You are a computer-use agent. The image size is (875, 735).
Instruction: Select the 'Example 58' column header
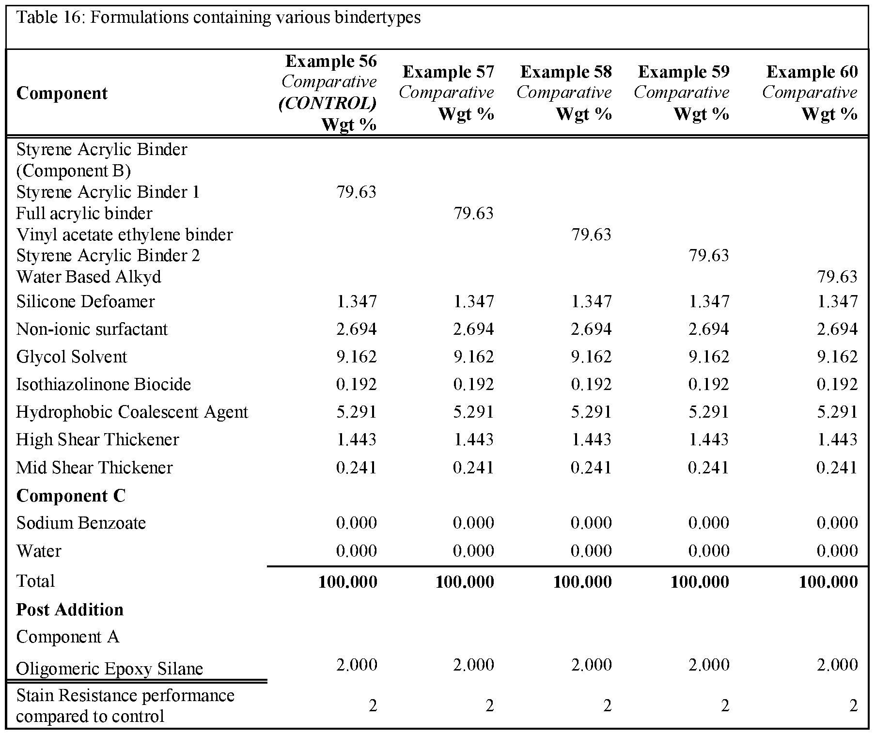point(566,72)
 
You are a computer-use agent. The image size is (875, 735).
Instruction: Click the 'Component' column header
point(62,93)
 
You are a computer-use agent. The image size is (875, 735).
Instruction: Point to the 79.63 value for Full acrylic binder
point(473,213)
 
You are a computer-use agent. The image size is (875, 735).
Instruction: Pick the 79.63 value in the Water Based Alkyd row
point(837,277)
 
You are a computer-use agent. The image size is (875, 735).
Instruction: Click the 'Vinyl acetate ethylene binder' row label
point(125,235)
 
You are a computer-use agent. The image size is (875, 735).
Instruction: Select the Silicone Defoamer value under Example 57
point(473,301)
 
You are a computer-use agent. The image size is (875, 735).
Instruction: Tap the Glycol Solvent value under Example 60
point(837,357)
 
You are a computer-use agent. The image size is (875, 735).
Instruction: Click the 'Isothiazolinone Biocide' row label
point(104,384)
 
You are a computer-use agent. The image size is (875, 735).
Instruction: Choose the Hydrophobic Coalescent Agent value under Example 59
point(708,412)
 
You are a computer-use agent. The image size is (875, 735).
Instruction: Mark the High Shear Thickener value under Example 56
point(356,439)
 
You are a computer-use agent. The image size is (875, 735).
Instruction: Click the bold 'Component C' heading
point(71,496)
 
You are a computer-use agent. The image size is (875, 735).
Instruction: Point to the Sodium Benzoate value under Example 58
point(591,523)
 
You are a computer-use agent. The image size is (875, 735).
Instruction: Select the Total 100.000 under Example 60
point(828,581)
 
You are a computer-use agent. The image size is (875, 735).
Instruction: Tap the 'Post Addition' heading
point(70,610)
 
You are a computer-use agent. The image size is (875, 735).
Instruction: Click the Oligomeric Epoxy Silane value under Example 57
point(473,665)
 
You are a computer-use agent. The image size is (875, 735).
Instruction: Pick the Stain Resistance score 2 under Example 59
point(724,705)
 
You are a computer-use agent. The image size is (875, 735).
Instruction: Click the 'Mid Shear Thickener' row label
point(94,468)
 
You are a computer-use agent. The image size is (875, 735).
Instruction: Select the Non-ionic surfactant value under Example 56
point(356,329)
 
